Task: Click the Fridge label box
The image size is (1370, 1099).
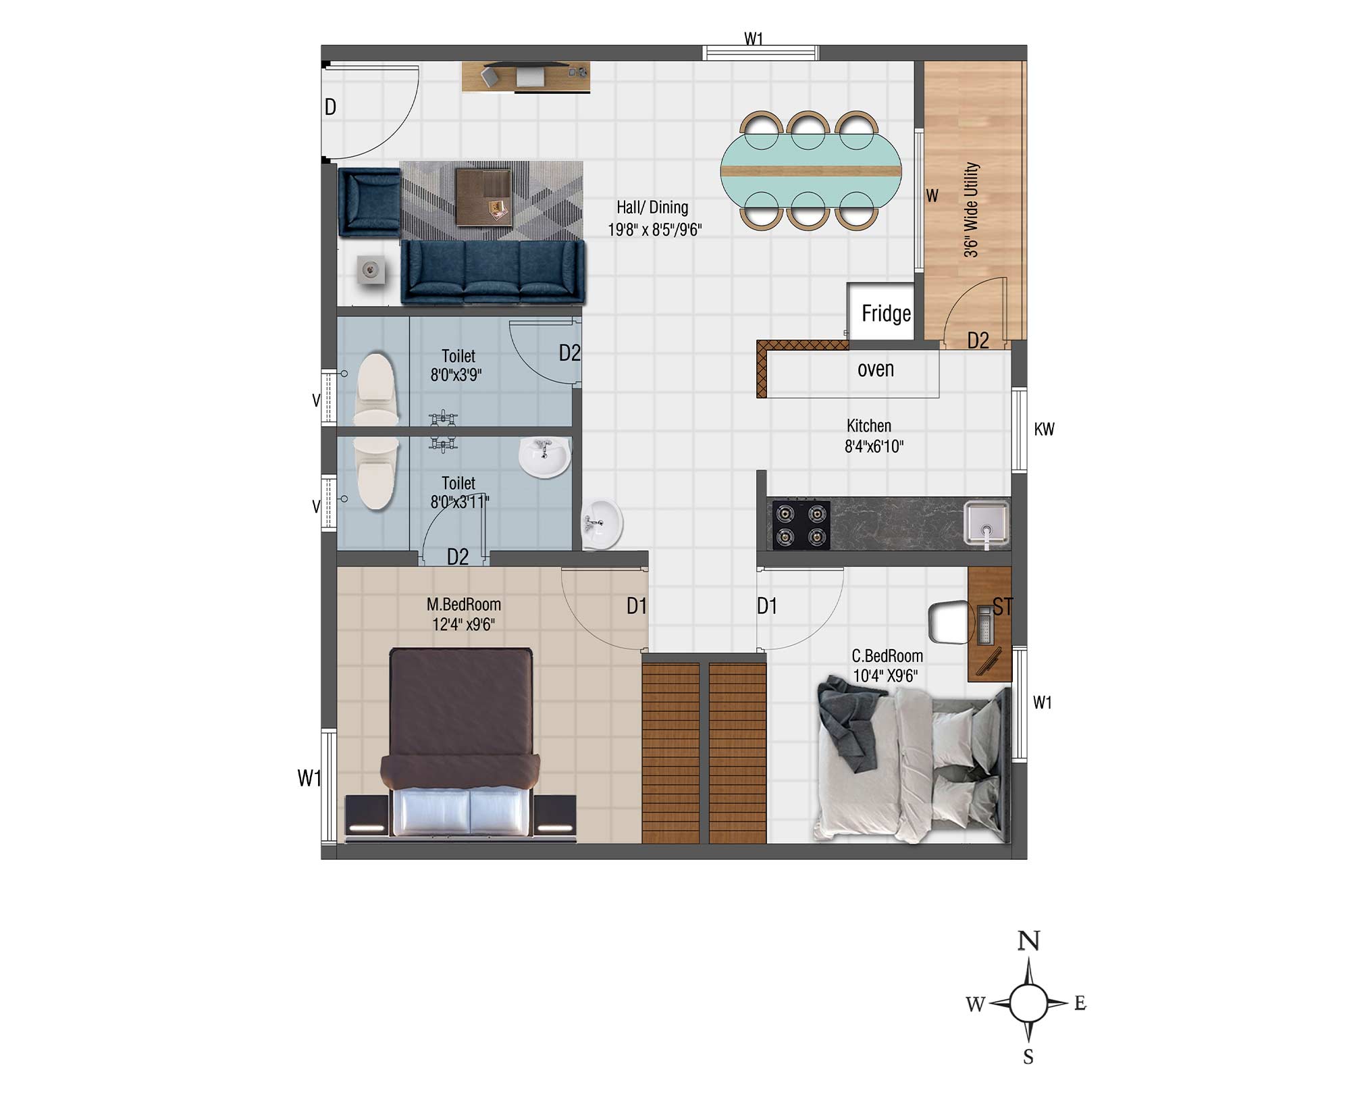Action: (881, 311)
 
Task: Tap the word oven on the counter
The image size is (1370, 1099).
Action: (876, 369)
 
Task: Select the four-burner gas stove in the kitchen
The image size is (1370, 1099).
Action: (801, 524)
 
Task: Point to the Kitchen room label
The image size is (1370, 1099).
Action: (868, 426)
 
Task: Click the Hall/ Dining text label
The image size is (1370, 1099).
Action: (652, 207)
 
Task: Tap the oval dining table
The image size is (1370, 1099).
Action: (810, 171)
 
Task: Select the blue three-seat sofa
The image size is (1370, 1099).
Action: (493, 272)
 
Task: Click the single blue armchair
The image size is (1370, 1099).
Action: (369, 202)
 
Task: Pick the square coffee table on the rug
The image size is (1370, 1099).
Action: (483, 197)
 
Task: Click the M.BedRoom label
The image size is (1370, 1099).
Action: (464, 605)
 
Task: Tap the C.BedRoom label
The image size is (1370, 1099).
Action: (887, 656)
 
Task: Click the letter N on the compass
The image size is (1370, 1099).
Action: (1028, 941)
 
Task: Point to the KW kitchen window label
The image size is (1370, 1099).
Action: (1044, 429)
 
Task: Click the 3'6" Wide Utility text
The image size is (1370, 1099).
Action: (970, 209)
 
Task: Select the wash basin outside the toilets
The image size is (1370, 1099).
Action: (601, 523)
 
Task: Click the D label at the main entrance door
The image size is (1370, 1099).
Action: (330, 107)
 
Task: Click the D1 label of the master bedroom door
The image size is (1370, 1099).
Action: (637, 606)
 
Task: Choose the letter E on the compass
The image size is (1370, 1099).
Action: (1080, 1003)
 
